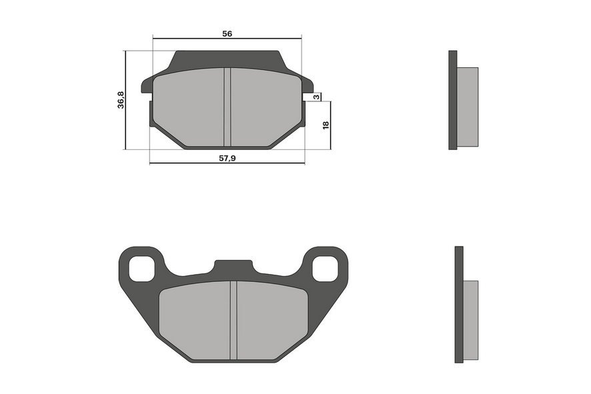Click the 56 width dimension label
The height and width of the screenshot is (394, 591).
tap(227, 33)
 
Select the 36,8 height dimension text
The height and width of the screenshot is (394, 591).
tap(121, 100)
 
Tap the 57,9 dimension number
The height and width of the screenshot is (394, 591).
tap(227, 158)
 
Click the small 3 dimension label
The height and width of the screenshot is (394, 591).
tap(317, 97)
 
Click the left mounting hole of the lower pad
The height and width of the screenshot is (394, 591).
tap(141, 268)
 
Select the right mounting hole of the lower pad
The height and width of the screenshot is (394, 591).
tap(325, 268)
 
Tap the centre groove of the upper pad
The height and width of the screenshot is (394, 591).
tap(227, 107)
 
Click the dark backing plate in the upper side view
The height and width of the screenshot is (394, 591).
tap(453, 100)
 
